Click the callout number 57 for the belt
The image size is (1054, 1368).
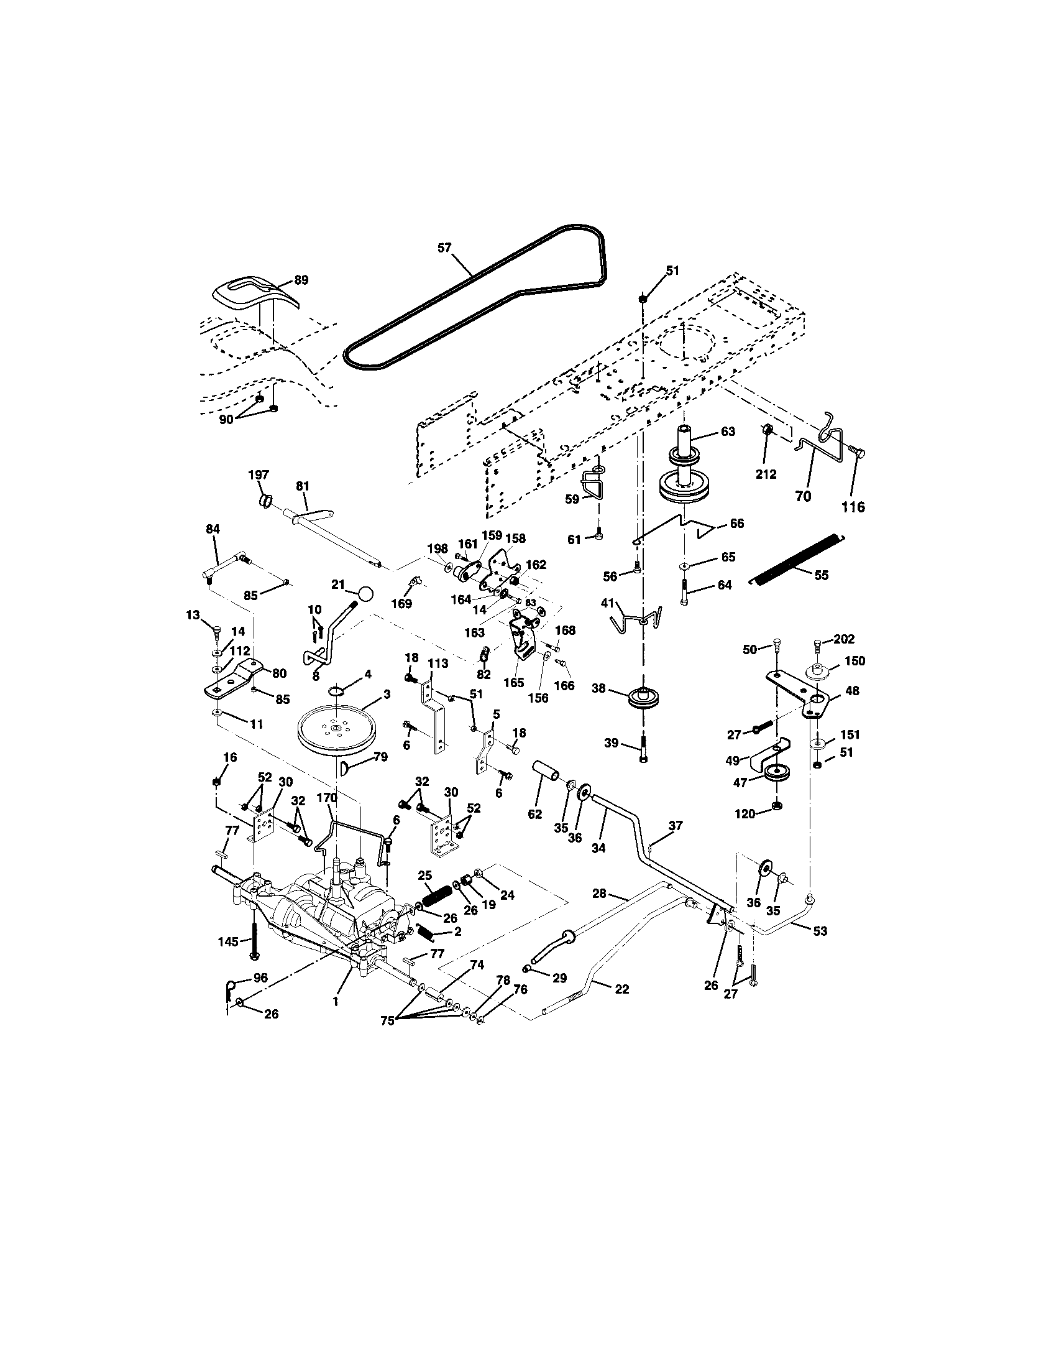(444, 248)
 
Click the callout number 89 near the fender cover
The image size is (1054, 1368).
(301, 280)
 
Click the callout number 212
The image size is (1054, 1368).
(766, 474)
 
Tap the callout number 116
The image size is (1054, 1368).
(853, 507)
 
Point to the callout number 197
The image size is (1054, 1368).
(259, 476)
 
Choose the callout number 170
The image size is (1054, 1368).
(327, 798)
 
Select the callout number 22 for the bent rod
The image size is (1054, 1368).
(622, 989)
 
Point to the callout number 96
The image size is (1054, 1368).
(260, 976)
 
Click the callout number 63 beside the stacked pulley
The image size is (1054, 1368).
(727, 432)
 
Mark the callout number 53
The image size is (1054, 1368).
(820, 948)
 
